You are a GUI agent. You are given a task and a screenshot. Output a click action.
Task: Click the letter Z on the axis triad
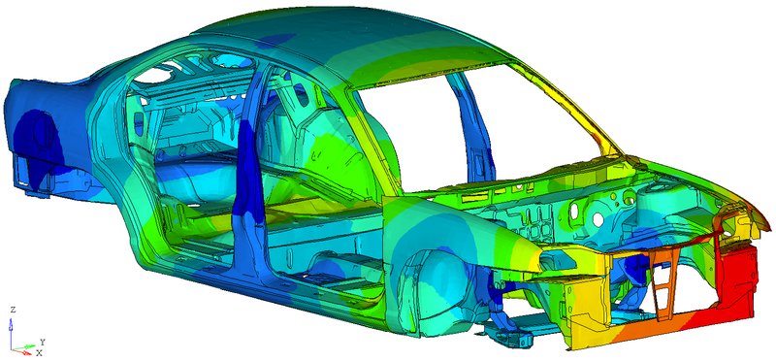coord(14,310)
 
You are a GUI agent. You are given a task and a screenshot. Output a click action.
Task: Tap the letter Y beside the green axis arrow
coord(43,342)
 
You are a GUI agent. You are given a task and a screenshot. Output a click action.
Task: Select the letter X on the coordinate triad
coord(39,353)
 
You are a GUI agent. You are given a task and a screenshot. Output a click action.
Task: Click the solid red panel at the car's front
coord(736,282)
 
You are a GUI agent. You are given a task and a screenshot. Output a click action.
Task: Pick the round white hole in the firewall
coord(598,218)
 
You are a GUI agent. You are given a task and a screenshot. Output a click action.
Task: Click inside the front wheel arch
coord(436,292)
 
